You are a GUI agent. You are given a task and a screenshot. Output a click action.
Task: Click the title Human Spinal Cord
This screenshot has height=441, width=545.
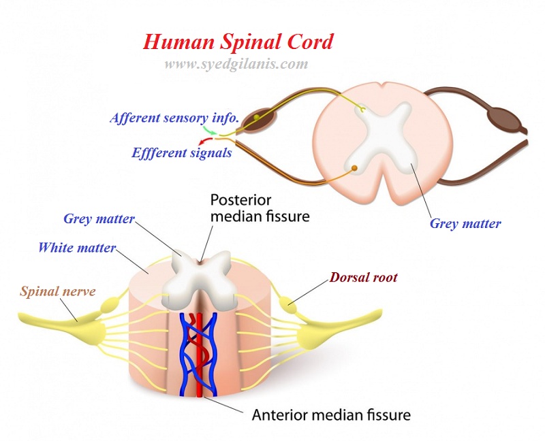coord(238,42)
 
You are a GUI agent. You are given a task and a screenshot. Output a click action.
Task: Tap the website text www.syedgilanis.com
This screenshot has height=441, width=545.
coord(236,65)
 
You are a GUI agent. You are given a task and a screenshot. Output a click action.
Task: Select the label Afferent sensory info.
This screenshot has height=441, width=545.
coord(174,118)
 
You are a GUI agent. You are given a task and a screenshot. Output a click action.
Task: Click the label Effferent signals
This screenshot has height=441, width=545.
coord(182,152)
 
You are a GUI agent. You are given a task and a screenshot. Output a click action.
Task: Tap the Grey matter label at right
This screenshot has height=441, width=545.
coord(465,223)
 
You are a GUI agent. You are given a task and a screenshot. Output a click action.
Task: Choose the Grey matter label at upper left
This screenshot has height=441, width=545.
coord(99,219)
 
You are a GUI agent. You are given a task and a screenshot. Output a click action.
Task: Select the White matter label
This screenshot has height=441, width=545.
coord(77,247)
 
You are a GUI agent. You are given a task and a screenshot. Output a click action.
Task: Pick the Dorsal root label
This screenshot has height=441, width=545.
coord(363,278)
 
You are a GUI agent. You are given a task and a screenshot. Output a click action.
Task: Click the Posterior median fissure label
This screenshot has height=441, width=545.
coord(260,208)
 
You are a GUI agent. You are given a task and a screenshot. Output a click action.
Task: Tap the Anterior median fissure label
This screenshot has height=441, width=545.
coord(331,414)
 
